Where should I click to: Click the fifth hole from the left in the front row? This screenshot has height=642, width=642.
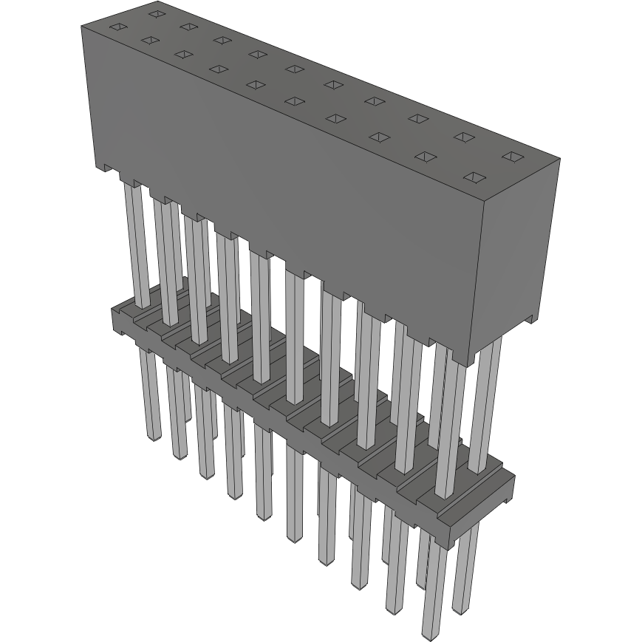tap(256, 85)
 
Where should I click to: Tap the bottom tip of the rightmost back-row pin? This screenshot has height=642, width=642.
tap(462, 612)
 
